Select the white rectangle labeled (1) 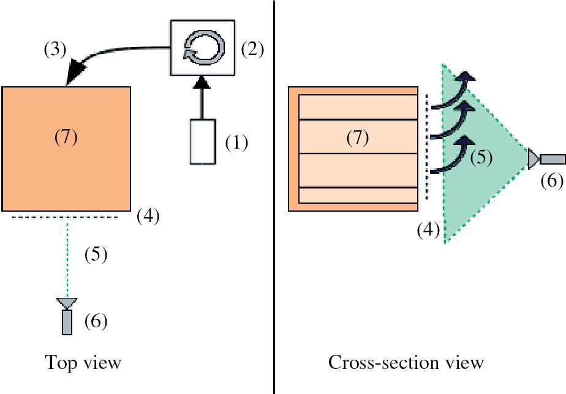tap(203, 142)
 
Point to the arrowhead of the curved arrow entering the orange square tap(74, 72)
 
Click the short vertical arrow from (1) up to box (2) tap(200, 99)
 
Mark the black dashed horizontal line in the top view tap(64, 217)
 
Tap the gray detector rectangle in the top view tap(67, 322)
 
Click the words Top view tap(83, 363)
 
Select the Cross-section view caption tap(406, 363)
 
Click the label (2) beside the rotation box tap(252, 50)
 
